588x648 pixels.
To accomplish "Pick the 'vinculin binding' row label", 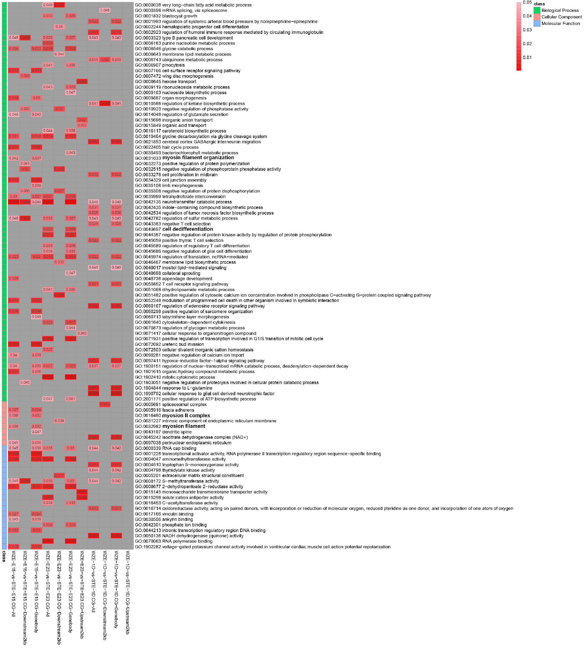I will coord(178,514).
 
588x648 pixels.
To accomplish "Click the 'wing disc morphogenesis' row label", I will coord(188,76).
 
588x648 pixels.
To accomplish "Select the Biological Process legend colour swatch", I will coord(537,10).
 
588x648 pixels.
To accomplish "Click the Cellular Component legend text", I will coord(561,17).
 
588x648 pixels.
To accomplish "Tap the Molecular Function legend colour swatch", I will coord(537,23).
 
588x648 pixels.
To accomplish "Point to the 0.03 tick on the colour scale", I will coord(527,30).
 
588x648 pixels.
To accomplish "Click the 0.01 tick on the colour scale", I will coord(527,58).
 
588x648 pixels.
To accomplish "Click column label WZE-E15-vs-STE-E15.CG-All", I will coord(13,584).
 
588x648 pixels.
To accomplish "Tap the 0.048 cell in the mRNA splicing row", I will coord(105,10).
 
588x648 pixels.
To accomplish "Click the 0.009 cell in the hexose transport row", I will coord(82,82).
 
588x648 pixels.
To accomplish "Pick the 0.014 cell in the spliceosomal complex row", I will coord(105,404).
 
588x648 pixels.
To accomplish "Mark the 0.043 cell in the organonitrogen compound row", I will coord(82,333).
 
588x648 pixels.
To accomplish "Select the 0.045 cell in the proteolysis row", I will coord(25,382).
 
